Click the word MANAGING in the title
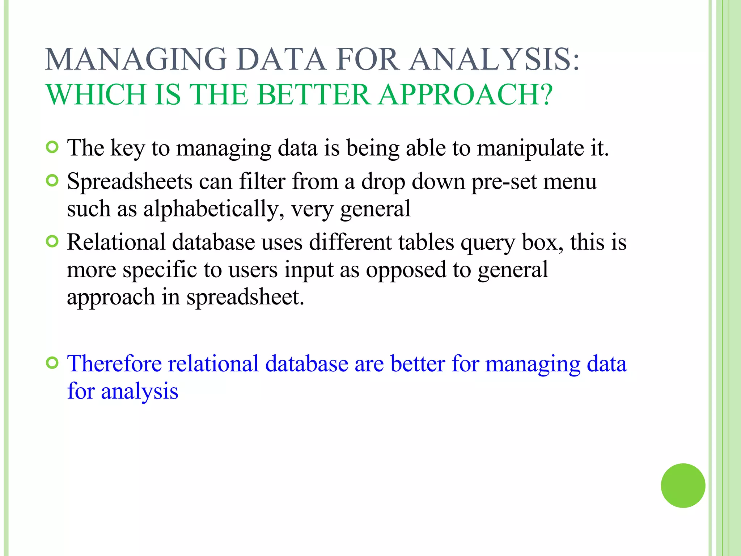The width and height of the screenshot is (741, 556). (136, 60)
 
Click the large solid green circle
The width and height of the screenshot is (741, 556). (683, 485)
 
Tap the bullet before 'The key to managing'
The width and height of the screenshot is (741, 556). (52, 147)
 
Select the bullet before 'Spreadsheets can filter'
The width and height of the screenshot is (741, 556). (52, 181)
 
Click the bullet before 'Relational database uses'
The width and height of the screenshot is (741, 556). (52, 241)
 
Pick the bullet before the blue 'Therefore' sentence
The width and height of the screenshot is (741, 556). (52, 363)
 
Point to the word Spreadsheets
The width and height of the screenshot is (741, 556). (130, 182)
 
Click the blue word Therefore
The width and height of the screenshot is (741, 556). (114, 363)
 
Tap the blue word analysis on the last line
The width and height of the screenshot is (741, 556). (139, 391)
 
